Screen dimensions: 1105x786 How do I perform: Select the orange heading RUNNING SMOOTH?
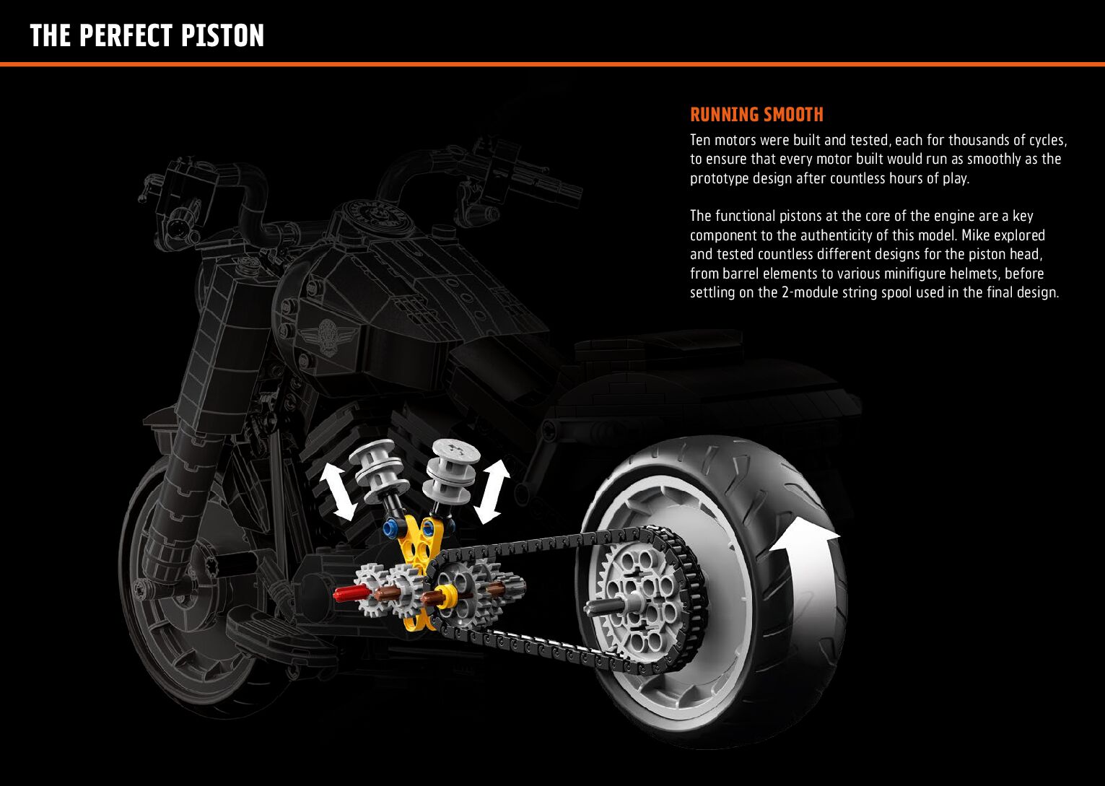(756, 115)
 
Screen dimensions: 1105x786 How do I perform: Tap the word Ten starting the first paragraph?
(701, 139)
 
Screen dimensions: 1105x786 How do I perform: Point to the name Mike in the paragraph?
(975, 235)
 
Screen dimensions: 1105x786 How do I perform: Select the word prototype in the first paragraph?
(719, 178)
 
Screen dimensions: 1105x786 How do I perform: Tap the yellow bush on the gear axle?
(448, 597)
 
